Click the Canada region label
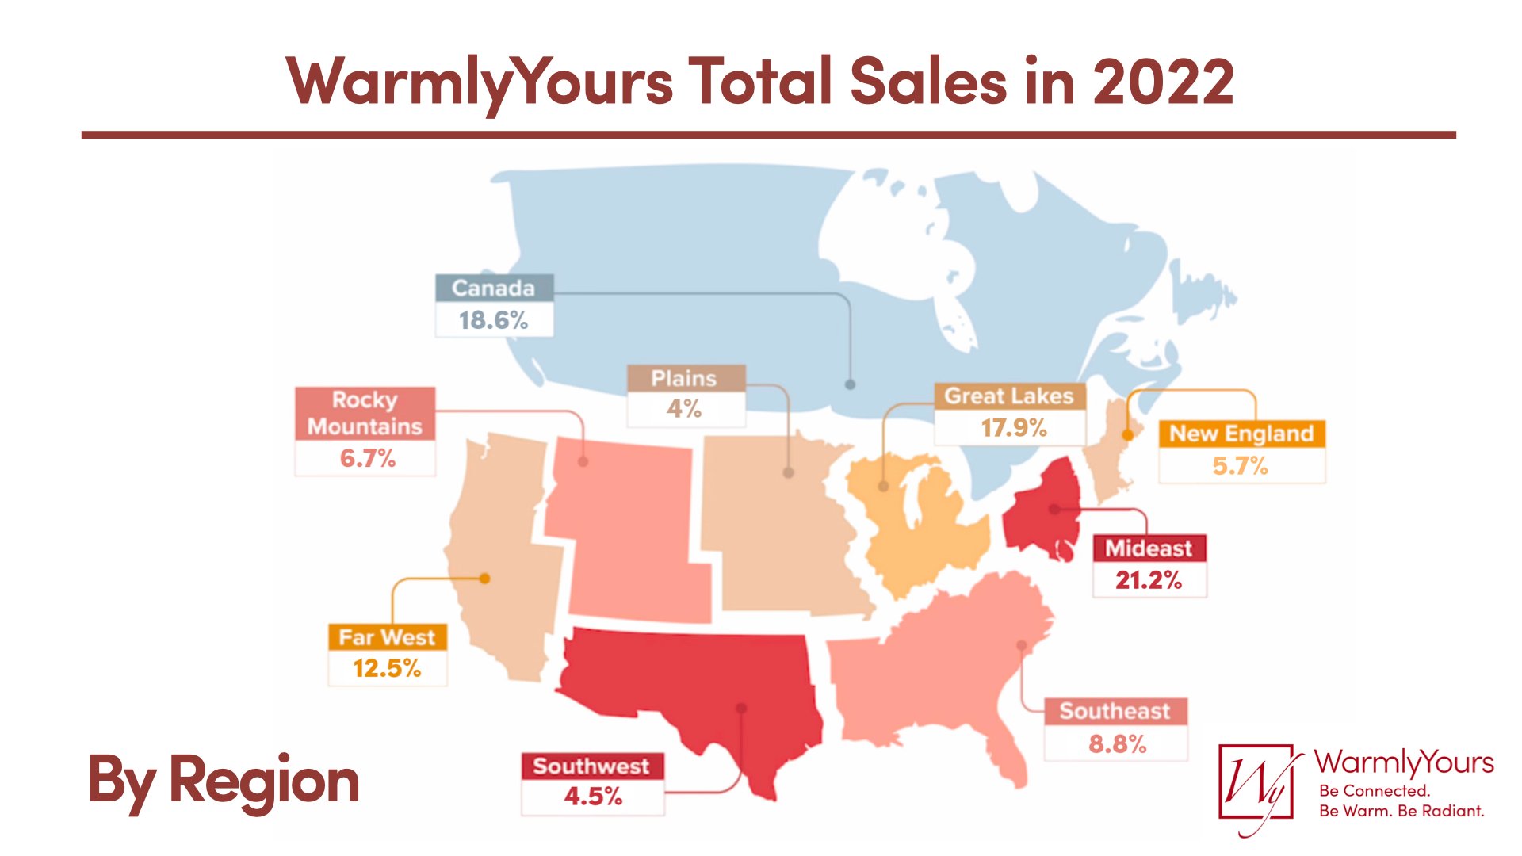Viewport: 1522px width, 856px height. (x=493, y=288)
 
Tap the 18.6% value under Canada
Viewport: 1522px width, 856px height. (x=493, y=320)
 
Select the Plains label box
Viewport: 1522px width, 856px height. (x=685, y=379)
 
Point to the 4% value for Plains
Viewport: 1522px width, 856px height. (x=684, y=409)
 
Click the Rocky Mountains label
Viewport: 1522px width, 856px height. (x=365, y=413)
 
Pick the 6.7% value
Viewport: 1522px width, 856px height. (x=367, y=458)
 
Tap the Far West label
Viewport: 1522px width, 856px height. (x=387, y=637)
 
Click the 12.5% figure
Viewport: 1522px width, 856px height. (x=387, y=669)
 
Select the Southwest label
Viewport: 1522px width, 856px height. (x=591, y=766)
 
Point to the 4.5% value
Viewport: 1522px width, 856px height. (x=593, y=797)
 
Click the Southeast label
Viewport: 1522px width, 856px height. (x=1115, y=711)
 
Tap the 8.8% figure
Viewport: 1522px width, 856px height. (x=1117, y=744)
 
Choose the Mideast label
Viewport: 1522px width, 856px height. (x=1149, y=548)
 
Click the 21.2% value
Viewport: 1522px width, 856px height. (x=1149, y=580)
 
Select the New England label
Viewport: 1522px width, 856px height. (x=1241, y=434)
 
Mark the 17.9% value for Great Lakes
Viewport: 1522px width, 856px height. (x=1014, y=428)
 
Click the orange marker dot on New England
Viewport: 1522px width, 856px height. (x=1128, y=435)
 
